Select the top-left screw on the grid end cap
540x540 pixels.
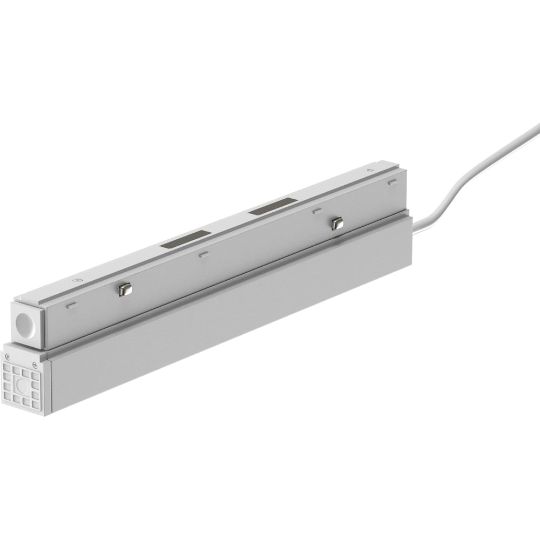(x=8, y=356)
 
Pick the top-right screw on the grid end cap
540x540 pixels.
(x=37, y=364)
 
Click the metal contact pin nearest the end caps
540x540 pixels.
(x=125, y=290)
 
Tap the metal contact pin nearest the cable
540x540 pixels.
(x=337, y=223)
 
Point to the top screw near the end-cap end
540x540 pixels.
(x=77, y=280)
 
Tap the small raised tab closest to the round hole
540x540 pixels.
(x=71, y=306)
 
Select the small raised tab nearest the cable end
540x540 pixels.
(x=392, y=183)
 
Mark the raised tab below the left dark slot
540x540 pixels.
(x=203, y=254)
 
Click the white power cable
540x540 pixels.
(x=475, y=173)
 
